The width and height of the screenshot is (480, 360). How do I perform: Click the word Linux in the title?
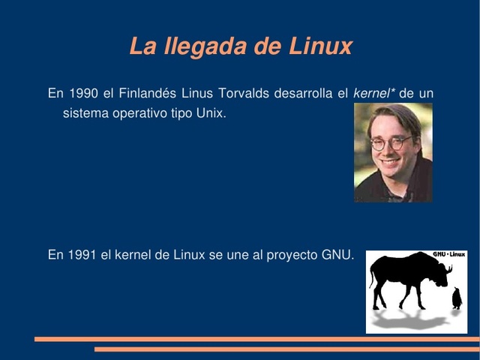319,46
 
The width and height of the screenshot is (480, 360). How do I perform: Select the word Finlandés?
147,94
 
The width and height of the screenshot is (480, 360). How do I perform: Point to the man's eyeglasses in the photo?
390,142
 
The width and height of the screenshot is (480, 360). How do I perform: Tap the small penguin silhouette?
456,298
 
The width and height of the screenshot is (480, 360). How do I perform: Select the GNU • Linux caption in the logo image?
448,255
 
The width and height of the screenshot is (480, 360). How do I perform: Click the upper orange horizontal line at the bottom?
255,339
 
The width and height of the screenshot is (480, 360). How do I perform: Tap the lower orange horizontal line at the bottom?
285,349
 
